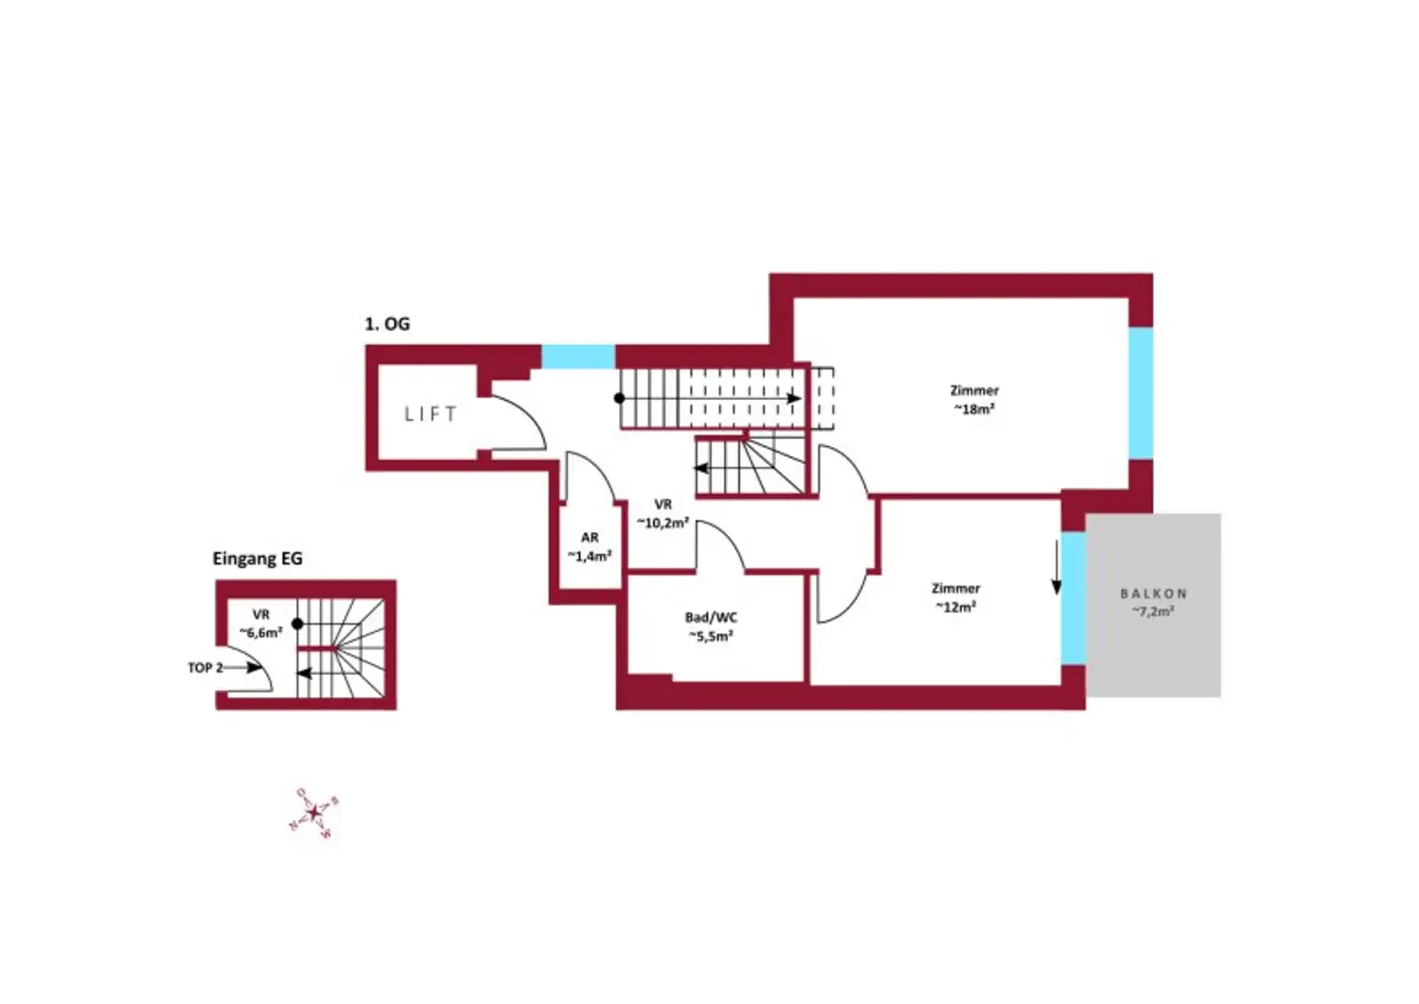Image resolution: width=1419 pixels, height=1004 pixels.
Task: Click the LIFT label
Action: click(431, 415)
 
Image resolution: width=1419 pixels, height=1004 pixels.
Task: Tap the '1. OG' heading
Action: click(387, 324)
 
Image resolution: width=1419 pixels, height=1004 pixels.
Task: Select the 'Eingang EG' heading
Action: click(257, 559)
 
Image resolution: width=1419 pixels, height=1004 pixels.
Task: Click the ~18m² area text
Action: click(974, 409)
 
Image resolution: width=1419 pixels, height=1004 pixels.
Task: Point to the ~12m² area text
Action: click(955, 607)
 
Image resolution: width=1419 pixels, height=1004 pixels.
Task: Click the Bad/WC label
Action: click(710, 617)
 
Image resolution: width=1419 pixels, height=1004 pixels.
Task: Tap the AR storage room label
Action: click(589, 538)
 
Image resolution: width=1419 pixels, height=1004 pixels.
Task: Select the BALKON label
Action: click(1153, 594)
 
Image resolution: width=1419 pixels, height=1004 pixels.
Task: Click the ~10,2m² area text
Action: click(662, 523)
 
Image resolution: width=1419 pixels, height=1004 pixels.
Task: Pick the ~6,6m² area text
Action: click(261, 633)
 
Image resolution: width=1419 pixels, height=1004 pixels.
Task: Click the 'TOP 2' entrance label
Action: click(205, 668)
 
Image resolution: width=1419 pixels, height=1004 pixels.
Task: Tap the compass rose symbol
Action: click(314, 813)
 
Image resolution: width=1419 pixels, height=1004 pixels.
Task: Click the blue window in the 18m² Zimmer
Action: click(1141, 393)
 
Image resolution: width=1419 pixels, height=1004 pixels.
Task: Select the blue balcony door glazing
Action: click(1073, 598)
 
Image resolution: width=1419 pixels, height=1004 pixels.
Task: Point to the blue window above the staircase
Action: click(578, 357)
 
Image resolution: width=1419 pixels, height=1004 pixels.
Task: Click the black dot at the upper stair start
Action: click(620, 398)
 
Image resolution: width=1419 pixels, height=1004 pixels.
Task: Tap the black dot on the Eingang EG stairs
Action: click(297, 624)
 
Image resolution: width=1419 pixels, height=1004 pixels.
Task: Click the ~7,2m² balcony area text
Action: click(1153, 611)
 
